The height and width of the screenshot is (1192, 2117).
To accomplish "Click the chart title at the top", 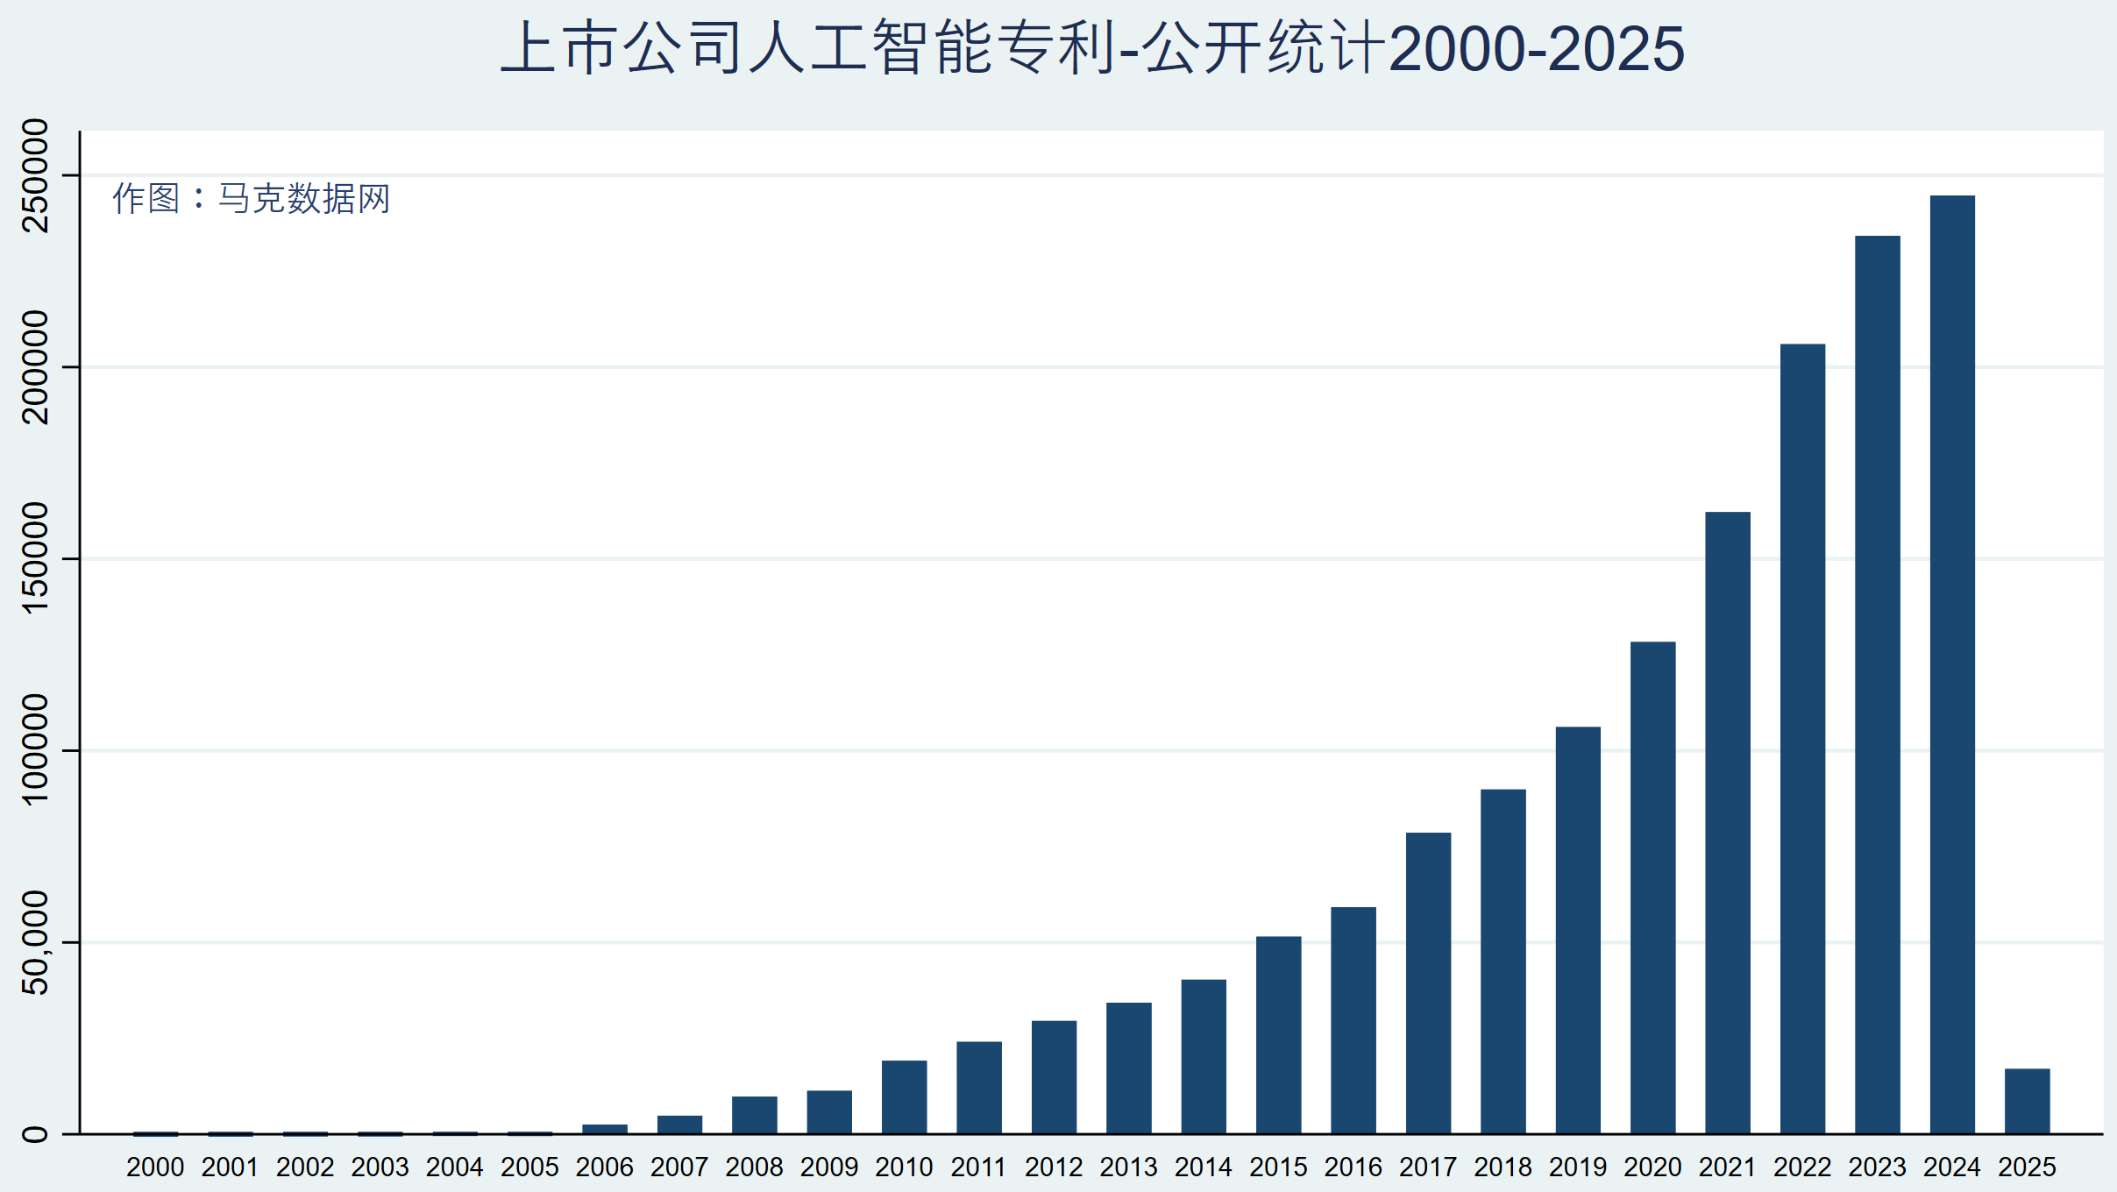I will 1092,48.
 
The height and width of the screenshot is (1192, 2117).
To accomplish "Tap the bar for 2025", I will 2027,1101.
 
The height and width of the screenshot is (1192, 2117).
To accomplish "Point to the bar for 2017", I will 1428,983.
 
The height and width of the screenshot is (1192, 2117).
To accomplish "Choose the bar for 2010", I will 904,1096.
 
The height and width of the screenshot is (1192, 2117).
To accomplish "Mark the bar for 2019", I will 1578,930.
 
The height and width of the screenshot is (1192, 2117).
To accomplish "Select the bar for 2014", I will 1204,1056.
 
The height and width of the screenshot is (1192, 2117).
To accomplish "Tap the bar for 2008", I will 754,1115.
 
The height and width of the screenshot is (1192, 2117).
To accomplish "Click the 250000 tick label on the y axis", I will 36,175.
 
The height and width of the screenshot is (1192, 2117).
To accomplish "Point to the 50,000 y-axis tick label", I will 36,942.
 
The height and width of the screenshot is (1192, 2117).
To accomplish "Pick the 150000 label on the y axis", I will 36,558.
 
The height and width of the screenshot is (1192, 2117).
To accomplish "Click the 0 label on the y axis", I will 36,1134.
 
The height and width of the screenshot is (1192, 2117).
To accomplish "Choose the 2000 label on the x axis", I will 155,1167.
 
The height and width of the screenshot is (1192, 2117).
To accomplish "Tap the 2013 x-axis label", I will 1128,1167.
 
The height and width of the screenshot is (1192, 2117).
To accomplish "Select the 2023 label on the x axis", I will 1877,1167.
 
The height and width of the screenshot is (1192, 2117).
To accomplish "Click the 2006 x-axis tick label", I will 604,1167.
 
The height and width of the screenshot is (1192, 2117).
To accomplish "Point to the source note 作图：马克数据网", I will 251,199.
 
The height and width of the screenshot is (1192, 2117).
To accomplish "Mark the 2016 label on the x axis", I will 1353,1167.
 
